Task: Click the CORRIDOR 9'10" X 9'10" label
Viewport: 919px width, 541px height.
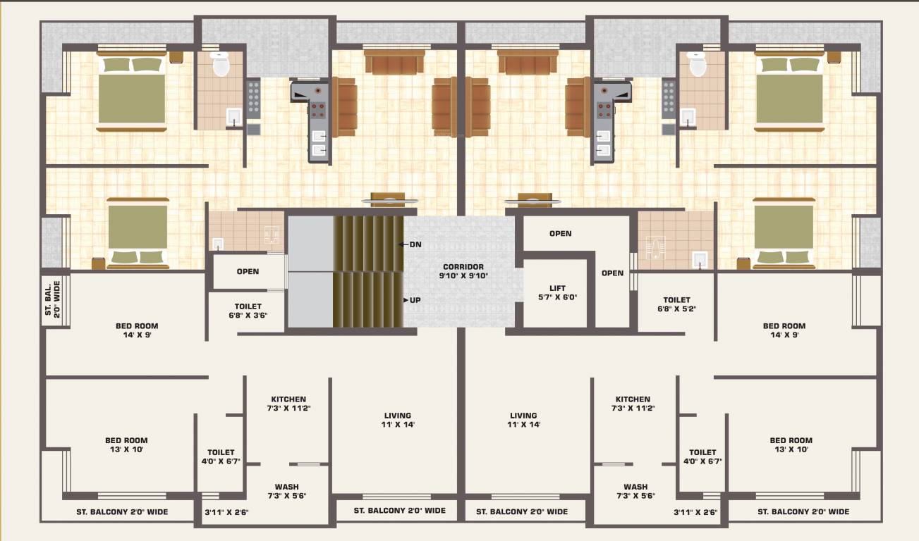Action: pos(463,271)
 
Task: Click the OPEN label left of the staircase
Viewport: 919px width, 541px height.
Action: pos(248,271)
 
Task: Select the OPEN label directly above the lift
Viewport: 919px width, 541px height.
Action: pos(560,233)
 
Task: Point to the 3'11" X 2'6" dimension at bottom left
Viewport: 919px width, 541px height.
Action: pos(226,512)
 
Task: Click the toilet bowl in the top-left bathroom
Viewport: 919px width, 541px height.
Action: pos(220,65)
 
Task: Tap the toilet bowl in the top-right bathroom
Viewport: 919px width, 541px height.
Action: pos(698,65)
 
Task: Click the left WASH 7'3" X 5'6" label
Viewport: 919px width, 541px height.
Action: pos(286,491)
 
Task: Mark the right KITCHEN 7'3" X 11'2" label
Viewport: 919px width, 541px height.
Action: pos(633,404)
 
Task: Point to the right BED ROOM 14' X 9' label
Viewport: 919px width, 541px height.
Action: pos(784,330)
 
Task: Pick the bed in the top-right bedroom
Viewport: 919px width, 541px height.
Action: pos(789,94)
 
